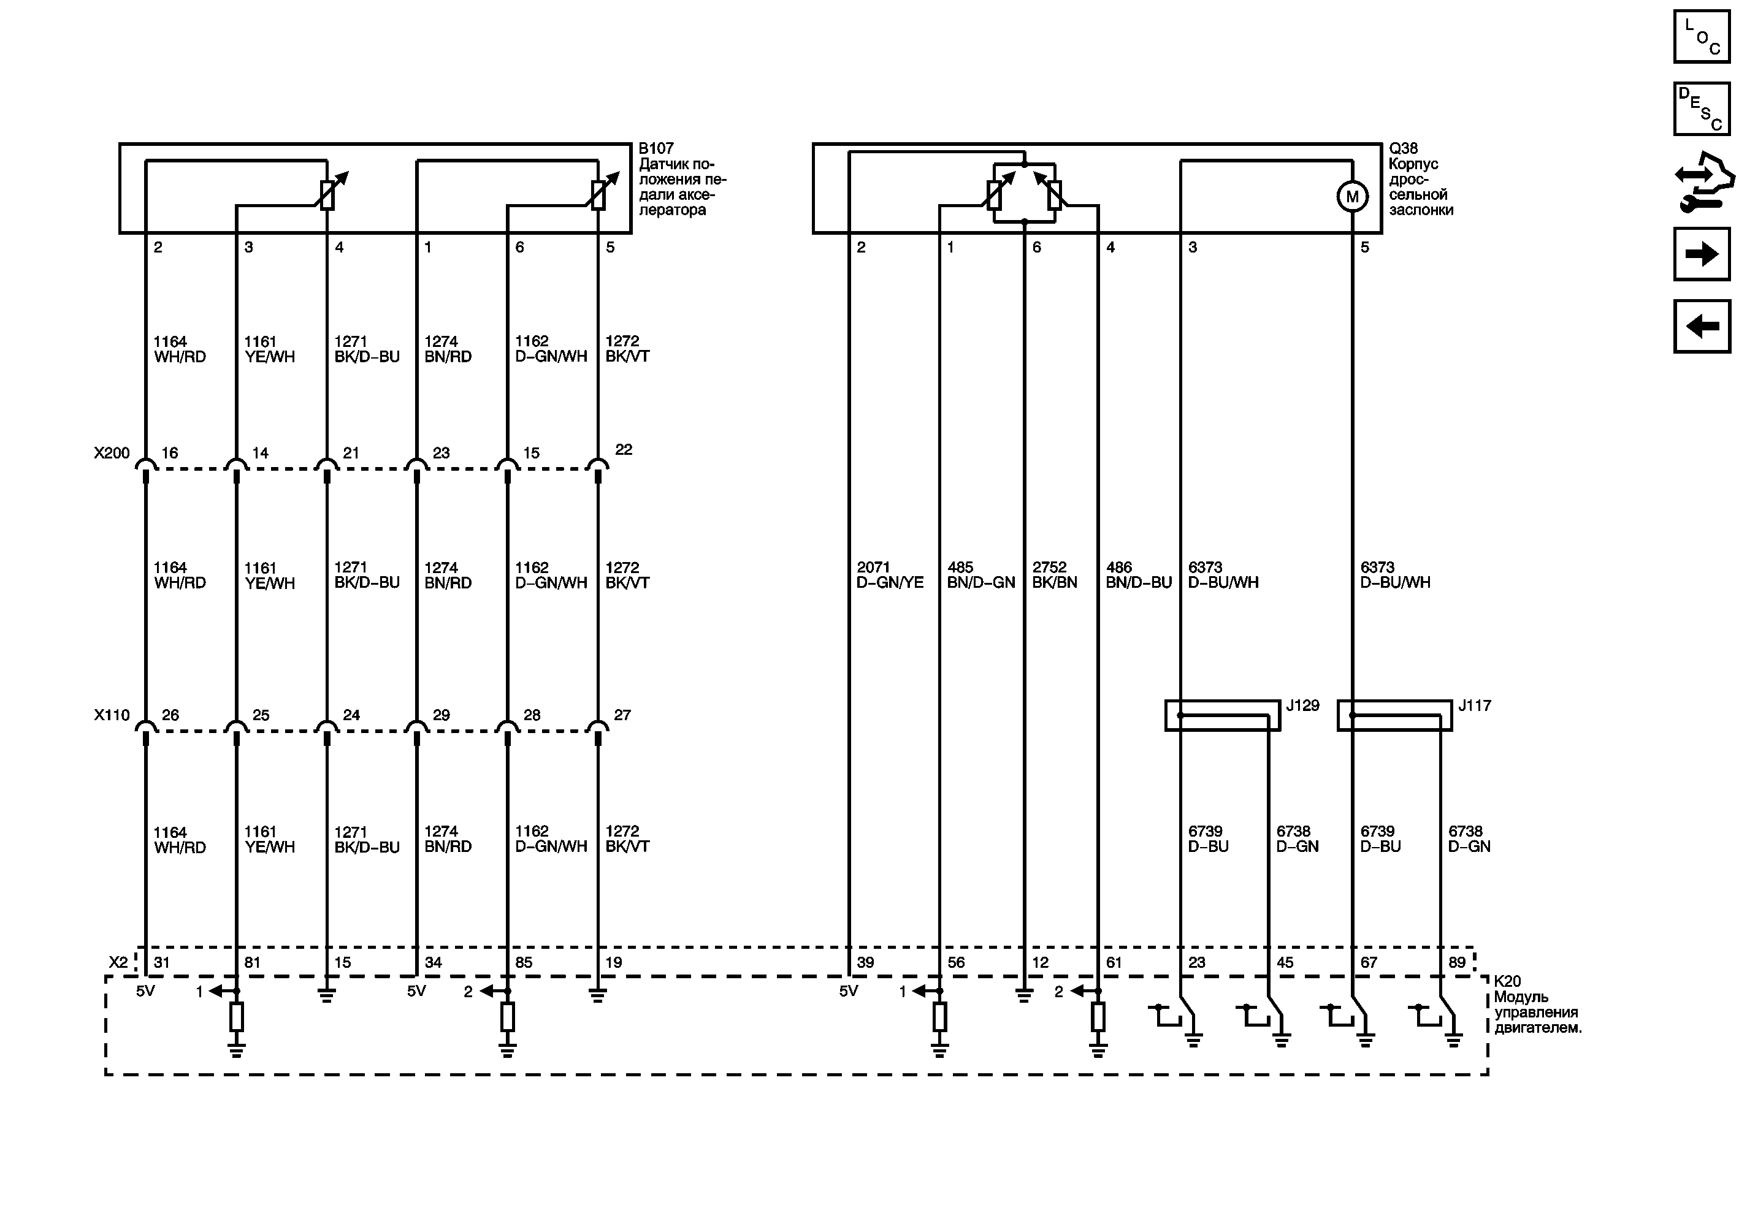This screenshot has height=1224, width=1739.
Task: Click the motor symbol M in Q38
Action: [x=1352, y=197]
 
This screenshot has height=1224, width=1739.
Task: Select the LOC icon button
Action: [x=1702, y=36]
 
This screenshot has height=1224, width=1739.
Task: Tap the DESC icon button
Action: [x=1702, y=109]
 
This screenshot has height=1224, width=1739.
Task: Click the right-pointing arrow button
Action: [x=1702, y=254]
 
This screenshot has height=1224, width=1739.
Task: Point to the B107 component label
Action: [x=656, y=148]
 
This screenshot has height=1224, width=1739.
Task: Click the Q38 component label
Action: [x=1403, y=148]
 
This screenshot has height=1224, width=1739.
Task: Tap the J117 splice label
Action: [x=1474, y=705]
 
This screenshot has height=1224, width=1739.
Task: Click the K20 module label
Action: [x=1507, y=982]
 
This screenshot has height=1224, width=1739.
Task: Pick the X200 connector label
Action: [x=112, y=454]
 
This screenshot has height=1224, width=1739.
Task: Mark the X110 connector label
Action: [x=112, y=715]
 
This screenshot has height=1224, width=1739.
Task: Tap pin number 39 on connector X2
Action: [x=865, y=963]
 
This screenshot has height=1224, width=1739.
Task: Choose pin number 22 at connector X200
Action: [x=624, y=450]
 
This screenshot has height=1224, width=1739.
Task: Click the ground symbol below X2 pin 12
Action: [x=1024, y=996]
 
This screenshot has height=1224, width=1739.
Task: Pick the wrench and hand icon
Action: [x=1703, y=181]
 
